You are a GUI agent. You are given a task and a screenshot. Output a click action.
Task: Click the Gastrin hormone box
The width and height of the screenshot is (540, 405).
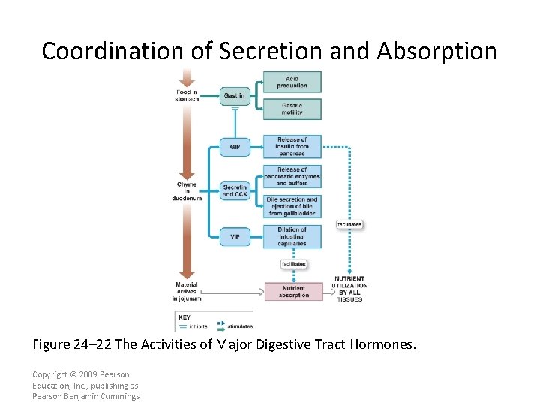[234, 95]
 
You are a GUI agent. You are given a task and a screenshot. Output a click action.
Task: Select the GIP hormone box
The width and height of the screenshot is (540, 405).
[235, 145]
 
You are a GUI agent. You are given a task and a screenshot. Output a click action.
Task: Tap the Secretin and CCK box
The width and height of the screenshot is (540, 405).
[235, 190]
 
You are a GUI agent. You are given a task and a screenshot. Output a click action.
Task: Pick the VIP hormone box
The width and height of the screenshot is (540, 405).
[235, 236]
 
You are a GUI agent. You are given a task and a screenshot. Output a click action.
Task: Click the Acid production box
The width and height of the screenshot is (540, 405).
[292, 82]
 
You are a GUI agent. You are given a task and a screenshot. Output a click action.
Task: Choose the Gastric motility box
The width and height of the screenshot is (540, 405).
[292, 109]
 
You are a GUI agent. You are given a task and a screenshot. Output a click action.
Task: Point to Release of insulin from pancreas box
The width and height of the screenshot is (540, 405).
[292, 146]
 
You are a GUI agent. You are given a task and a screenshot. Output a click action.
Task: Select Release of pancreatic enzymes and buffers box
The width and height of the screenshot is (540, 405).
[292, 177]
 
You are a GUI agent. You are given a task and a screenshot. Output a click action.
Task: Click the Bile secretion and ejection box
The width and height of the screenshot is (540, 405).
[292, 206]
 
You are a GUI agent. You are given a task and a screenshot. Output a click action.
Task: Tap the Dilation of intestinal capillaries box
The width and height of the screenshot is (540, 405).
[292, 236]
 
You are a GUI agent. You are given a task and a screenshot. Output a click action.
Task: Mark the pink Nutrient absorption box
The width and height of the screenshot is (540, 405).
[292, 291]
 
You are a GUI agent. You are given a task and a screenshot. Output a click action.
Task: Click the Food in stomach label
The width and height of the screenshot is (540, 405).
[187, 95]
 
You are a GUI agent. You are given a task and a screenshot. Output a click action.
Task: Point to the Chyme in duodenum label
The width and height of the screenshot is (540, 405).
[187, 192]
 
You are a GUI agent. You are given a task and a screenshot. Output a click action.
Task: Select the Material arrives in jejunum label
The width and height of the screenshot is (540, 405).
[187, 291]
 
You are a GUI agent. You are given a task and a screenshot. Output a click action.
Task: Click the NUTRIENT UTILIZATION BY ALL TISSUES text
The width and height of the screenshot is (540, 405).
[349, 289]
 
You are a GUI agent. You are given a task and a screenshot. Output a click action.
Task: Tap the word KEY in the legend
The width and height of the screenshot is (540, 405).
[184, 317]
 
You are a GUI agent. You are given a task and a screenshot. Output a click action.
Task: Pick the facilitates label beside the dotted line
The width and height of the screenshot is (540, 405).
[349, 224]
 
